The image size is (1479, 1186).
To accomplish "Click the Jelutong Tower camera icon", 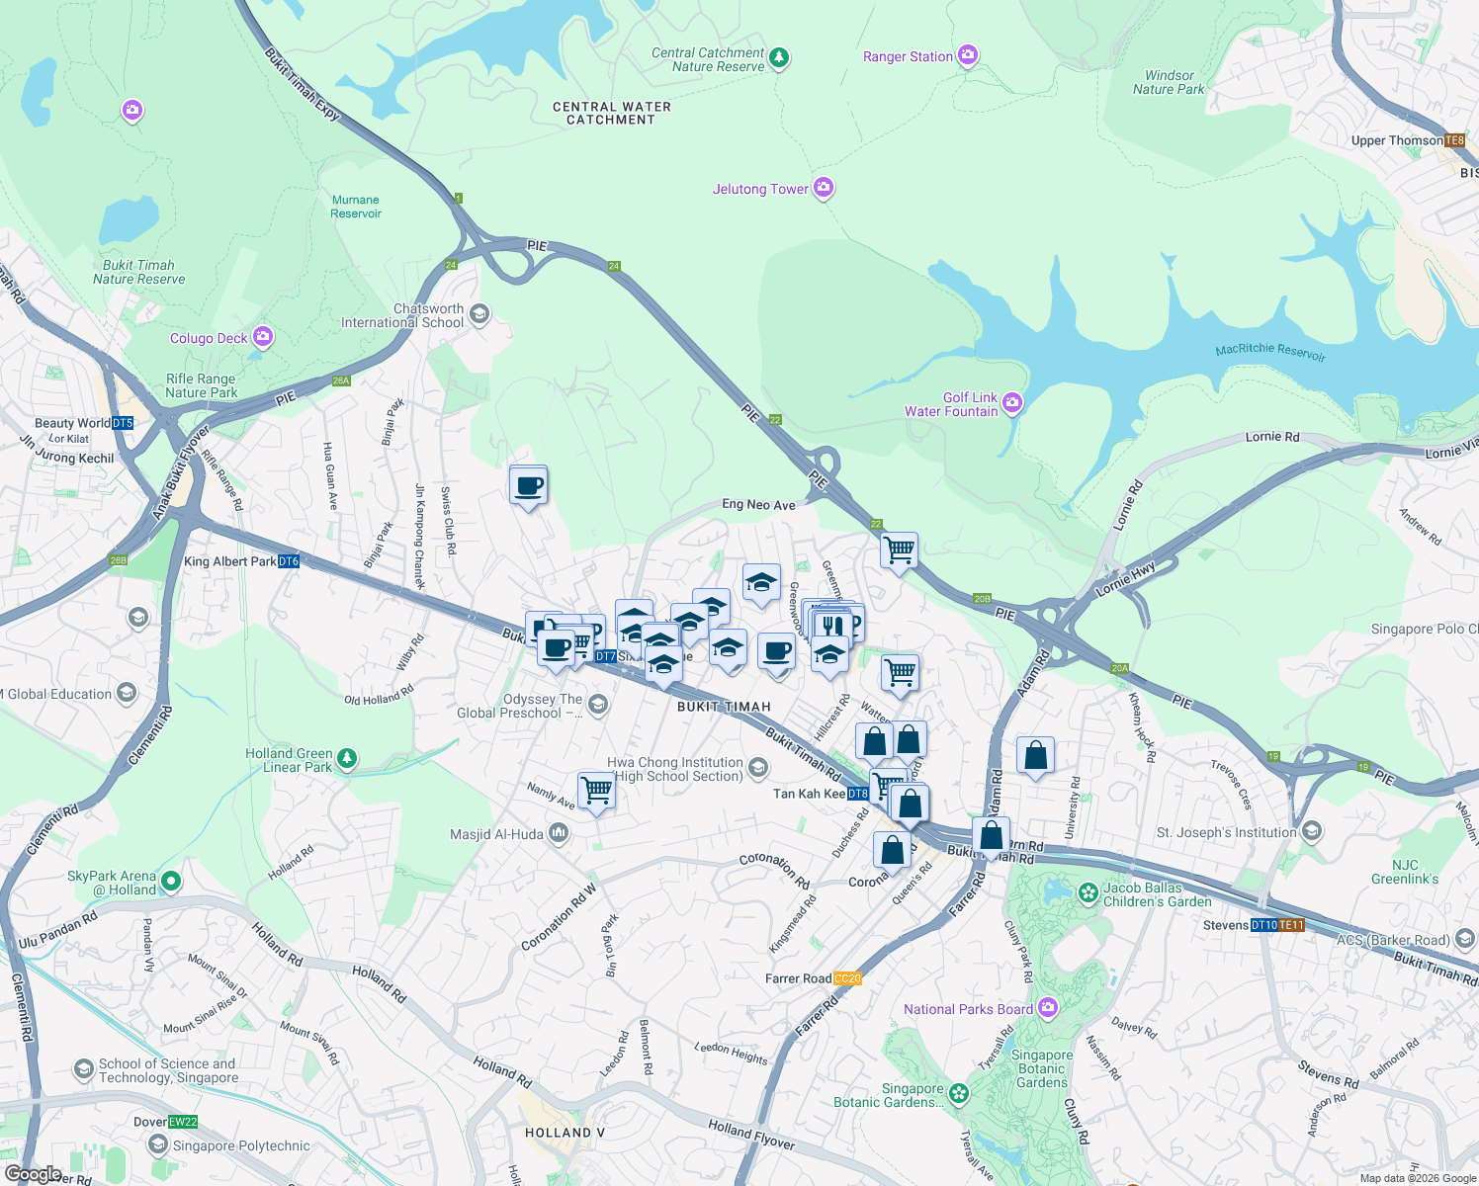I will [824, 188].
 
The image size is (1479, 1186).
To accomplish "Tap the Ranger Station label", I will [908, 56].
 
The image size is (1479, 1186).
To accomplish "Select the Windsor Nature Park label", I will [1169, 82].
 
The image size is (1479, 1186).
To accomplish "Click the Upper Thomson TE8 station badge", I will [1454, 140].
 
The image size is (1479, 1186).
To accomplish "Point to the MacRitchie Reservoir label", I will [1270, 351].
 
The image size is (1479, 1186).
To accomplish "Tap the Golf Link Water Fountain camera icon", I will [1011, 402].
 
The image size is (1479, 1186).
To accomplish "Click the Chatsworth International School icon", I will [479, 315].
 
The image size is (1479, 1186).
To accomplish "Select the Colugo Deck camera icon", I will [262, 337].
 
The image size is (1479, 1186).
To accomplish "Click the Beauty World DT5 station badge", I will [123, 423].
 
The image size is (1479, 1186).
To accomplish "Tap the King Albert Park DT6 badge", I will [288, 561].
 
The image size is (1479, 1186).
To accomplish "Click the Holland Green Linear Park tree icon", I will [346, 759].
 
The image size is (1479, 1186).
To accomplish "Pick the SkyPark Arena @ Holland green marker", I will [170, 880].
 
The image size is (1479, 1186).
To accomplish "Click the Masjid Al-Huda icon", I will [559, 833].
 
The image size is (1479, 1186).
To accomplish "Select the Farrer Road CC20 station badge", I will [847, 978].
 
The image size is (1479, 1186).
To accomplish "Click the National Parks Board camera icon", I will [1048, 1008].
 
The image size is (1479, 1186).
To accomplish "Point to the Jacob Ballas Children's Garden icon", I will [1088, 893].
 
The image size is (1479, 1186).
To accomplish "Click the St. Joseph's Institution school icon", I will [1311, 831].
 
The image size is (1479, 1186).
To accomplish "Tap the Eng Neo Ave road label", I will [758, 504].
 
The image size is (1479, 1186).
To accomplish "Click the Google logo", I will [33, 1173].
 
